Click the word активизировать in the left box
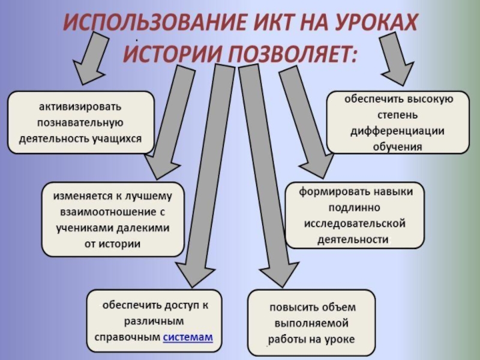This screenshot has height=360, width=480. pos(80,107)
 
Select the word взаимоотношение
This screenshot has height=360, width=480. pos(107,212)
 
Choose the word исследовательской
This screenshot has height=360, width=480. pos(353,224)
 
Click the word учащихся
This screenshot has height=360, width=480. pos(118,138)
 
